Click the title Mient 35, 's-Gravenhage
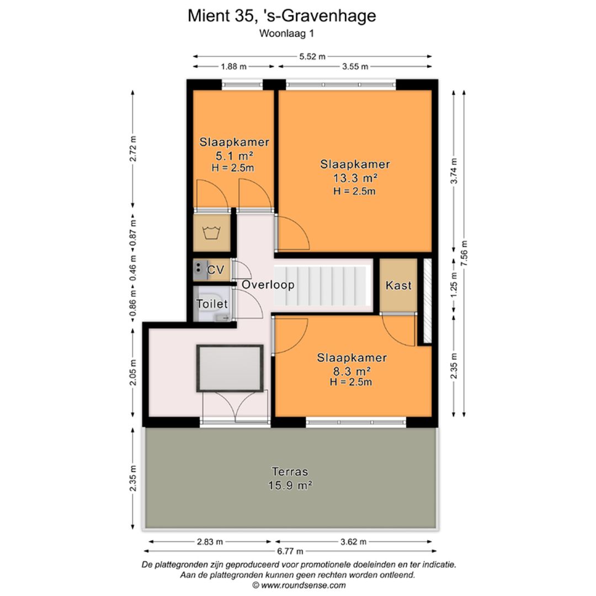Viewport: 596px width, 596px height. pos(281,16)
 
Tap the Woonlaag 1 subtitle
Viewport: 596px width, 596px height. pos(286,34)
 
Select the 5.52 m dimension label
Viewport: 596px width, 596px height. pos(312,57)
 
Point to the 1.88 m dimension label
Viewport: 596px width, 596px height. pos(234,67)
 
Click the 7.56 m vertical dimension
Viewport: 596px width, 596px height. pos(464,253)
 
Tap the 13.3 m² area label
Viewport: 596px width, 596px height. pos(355,178)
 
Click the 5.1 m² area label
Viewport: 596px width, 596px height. pos(235,156)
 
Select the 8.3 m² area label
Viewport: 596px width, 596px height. pos(352,371)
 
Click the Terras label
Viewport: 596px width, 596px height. pos(290,472)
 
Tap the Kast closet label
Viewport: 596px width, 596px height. pos(398,285)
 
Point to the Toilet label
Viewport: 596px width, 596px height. pos(212,304)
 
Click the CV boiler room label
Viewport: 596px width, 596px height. pos(216,270)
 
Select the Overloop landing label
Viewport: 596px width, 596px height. pos(268,285)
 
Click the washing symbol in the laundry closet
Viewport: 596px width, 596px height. pos(212,233)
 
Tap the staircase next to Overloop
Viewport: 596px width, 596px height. pos(322,286)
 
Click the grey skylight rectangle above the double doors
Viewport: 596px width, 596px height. pos(230,368)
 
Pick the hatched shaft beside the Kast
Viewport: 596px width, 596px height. pos(428,301)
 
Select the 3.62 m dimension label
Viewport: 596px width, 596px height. pos(354,542)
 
